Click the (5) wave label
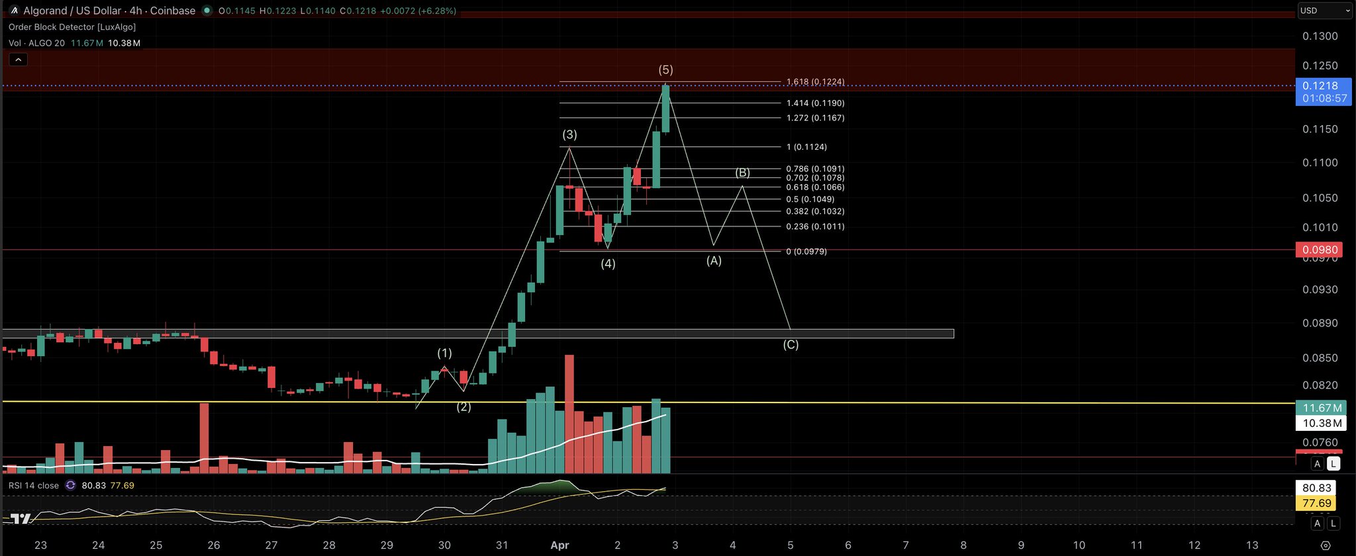point(665,69)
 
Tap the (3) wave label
point(569,134)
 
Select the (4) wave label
point(608,263)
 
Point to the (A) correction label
point(714,261)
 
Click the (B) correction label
point(743,173)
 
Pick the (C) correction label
point(791,345)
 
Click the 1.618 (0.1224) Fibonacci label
point(815,82)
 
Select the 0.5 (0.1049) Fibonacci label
point(810,199)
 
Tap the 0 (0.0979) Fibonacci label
point(806,252)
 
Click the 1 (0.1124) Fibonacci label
point(806,147)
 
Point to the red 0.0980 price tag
point(1320,250)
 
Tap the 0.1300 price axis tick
point(1320,36)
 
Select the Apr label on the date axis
point(559,545)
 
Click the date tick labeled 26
point(214,545)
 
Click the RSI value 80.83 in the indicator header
point(93,486)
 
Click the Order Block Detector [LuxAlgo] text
point(72,27)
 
